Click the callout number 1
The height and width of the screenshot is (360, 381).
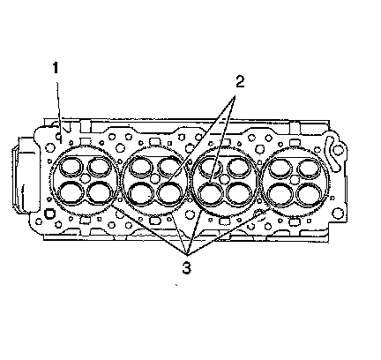pos(56,68)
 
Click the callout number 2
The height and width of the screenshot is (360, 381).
pos(240,81)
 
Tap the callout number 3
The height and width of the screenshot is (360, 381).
pos(186,268)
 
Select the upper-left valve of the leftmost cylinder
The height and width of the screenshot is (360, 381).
pos(71,166)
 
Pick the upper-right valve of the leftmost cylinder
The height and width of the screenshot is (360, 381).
pos(100,166)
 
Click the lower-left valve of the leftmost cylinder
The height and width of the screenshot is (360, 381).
pos(71,192)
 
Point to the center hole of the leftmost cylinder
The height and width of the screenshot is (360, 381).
pos(86,178)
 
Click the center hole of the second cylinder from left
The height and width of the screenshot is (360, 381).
pos(155,178)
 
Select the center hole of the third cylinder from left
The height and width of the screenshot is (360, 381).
pos(225,178)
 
